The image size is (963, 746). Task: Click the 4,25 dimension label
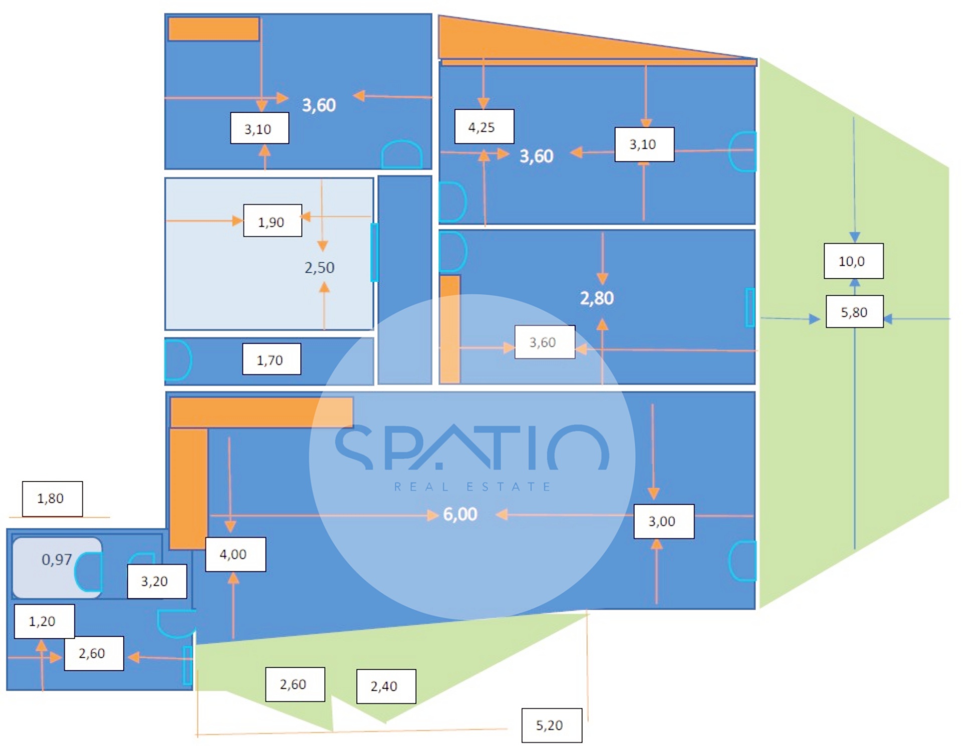click(x=484, y=127)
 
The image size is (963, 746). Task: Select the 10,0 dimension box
click(x=853, y=261)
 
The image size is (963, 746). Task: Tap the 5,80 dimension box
click(x=854, y=312)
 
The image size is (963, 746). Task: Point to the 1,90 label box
click(x=272, y=221)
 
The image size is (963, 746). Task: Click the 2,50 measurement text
click(x=319, y=268)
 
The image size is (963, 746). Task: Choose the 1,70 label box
click(x=271, y=359)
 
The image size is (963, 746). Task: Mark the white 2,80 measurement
click(x=597, y=298)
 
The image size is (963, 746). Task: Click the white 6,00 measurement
click(x=460, y=514)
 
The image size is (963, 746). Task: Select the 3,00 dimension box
click(x=664, y=521)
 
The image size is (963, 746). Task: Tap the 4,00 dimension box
click(x=235, y=554)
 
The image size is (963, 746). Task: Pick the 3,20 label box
click(x=156, y=581)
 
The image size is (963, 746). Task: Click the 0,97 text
click(x=57, y=559)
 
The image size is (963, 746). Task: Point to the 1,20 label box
click(x=44, y=621)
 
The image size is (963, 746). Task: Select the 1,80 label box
click(x=52, y=498)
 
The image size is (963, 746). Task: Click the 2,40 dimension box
click(x=386, y=686)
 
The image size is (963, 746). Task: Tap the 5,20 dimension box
click(x=551, y=725)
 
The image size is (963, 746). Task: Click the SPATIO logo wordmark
click(x=471, y=448)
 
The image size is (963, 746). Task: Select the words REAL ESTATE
click(x=472, y=486)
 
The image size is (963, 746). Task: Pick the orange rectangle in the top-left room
click(x=214, y=29)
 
